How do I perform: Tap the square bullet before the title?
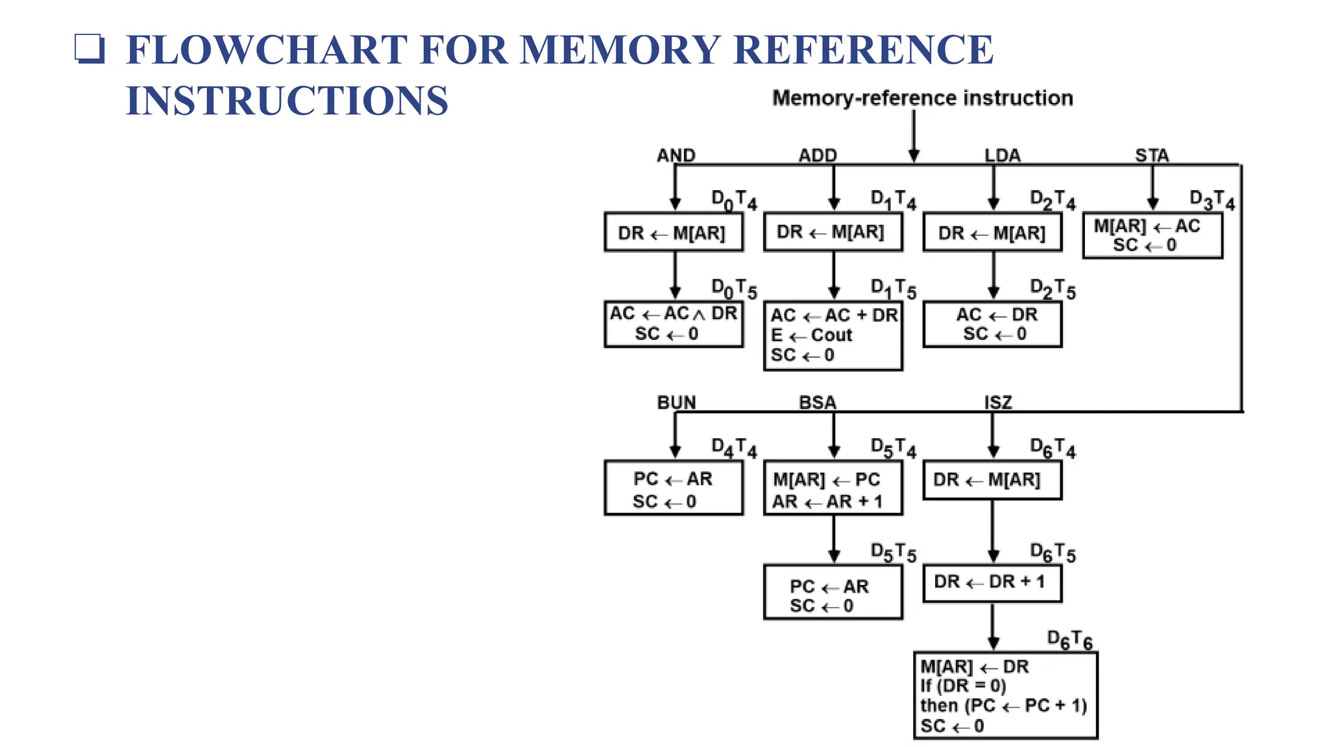click(x=89, y=49)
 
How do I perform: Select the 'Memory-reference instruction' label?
click(x=922, y=98)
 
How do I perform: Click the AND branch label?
click(x=676, y=156)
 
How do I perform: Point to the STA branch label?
click(x=1152, y=156)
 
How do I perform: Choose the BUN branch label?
click(x=676, y=403)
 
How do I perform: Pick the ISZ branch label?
click(x=998, y=403)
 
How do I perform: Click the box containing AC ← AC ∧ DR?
click(x=674, y=324)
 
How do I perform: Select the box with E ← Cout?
click(x=833, y=335)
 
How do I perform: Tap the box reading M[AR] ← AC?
click(x=1152, y=236)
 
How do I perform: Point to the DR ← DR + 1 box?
click(x=992, y=583)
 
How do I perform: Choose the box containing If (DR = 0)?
click(x=1005, y=695)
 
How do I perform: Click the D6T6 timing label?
click(x=1070, y=640)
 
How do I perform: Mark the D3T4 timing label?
click(x=1212, y=200)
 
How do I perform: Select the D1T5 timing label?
click(x=893, y=289)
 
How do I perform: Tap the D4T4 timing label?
click(x=734, y=448)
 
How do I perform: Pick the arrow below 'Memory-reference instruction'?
click(x=914, y=136)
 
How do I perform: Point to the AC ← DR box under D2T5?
click(x=992, y=324)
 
